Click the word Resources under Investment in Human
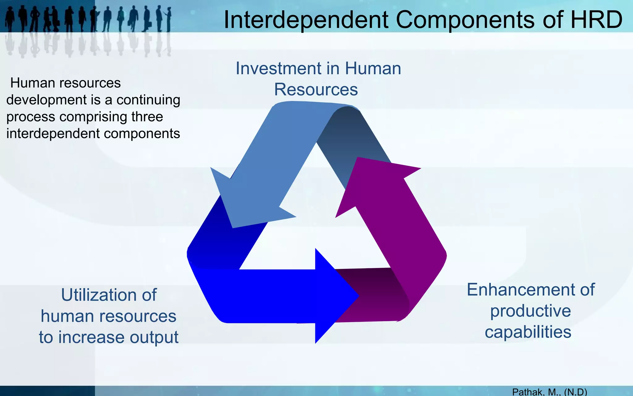point(316,90)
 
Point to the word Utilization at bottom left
point(109,295)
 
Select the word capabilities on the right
point(528,332)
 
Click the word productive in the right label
point(530,311)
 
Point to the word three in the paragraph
point(147,117)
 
